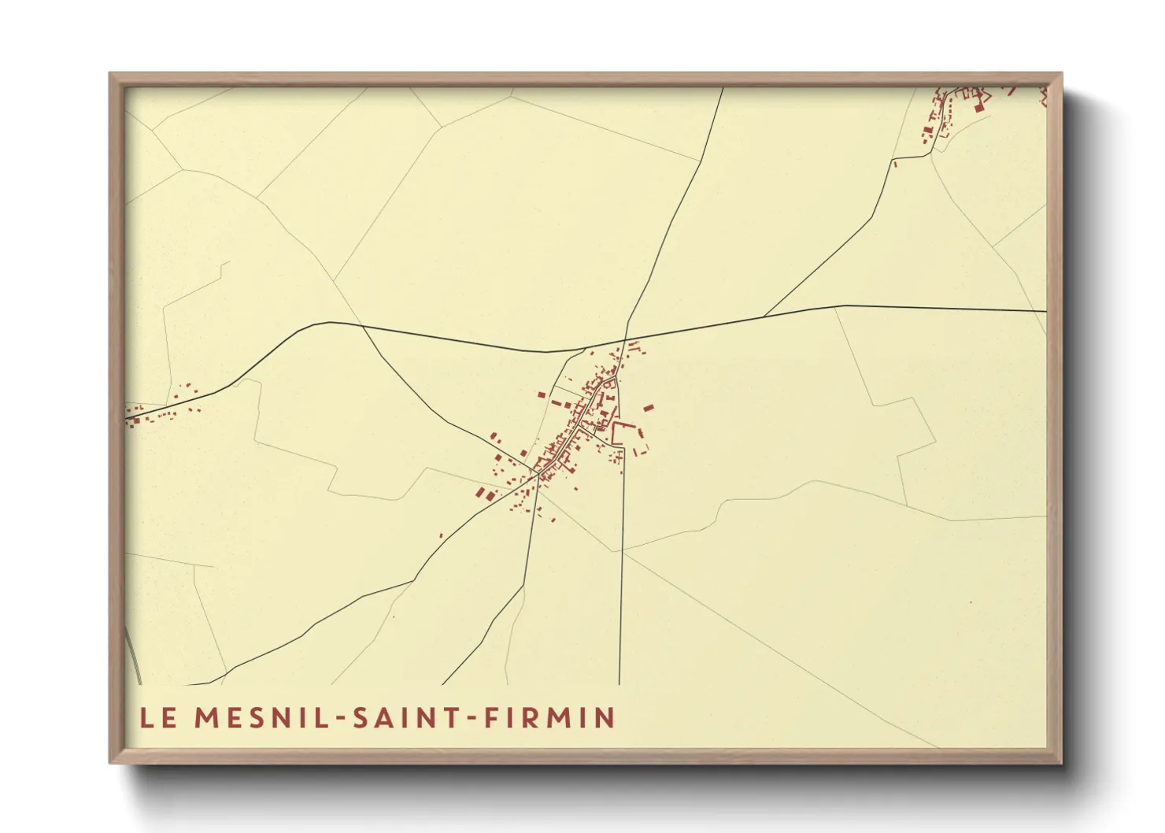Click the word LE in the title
coord(158,718)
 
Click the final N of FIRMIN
coord(605,718)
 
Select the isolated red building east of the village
coord(649,408)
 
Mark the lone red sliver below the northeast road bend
coord(895,164)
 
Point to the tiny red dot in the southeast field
coord(971,602)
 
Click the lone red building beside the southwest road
coord(441,536)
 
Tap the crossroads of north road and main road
coord(626,340)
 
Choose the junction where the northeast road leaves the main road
coord(764,317)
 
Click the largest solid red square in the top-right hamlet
coord(979,107)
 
